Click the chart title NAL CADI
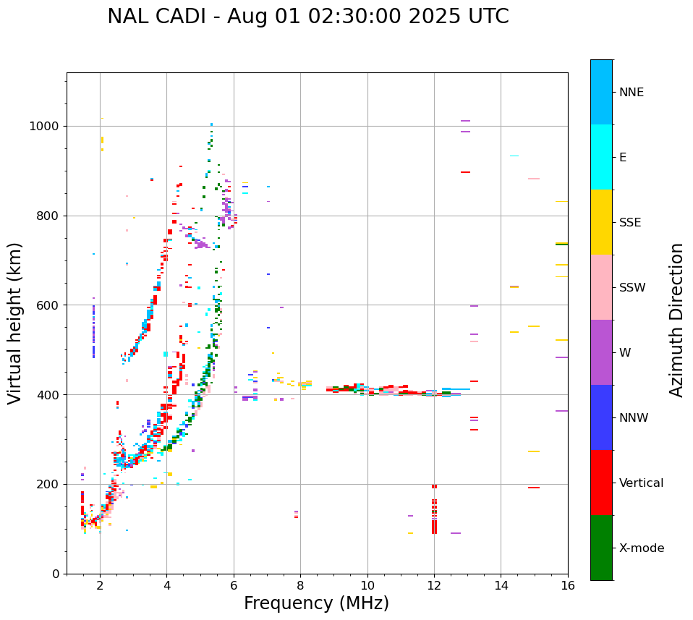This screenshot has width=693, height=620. click(x=307, y=17)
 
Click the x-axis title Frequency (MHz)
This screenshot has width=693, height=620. click(x=316, y=603)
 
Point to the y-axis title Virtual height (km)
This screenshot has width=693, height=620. click(x=15, y=323)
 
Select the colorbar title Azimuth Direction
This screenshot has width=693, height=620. click(x=676, y=320)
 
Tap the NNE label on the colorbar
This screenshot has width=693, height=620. click(x=632, y=93)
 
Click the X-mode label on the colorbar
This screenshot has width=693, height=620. click(x=642, y=548)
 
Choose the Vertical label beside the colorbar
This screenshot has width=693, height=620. click(x=641, y=483)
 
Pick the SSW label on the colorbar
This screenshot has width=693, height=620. click(x=632, y=288)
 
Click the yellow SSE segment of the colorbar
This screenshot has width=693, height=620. click(x=601, y=222)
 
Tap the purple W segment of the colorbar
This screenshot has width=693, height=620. click(x=601, y=352)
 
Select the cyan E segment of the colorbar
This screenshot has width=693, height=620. click(x=601, y=157)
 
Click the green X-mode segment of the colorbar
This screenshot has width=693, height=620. click(x=601, y=548)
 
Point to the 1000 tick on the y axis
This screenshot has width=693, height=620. click(x=46, y=127)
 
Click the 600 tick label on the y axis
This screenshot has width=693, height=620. click(x=48, y=305)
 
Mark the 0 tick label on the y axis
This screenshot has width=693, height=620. click(x=56, y=574)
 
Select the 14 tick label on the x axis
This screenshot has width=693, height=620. click(x=501, y=585)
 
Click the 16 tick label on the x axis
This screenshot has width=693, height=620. click(x=567, y=585)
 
